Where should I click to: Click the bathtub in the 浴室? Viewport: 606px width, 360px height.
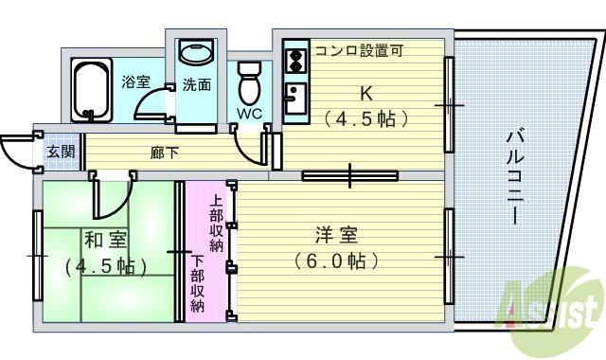pos(92,90)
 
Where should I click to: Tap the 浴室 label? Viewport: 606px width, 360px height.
pos(135,81)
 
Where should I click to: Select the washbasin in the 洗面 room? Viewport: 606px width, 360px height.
pos(196,53)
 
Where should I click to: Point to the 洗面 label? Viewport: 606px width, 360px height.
pos(197,84)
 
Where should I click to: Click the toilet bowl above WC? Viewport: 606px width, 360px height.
pos(249,83)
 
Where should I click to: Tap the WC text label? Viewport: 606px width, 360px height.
pos(249,114)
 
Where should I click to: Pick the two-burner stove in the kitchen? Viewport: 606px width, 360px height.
pos(295,61)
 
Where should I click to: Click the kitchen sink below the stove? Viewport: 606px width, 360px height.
pos(295,99)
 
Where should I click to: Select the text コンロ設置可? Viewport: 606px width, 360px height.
pos(360,50)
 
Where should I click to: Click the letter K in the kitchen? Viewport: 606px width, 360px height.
pos(366,93)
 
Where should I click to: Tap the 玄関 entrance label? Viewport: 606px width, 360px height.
pos(61,152)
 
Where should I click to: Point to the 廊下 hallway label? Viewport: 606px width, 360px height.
pos(164,153)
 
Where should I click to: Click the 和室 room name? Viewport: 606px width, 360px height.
pos(105,240)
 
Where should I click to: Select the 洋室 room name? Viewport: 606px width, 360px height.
pos(337,235)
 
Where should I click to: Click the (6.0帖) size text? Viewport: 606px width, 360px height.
pos(335,261)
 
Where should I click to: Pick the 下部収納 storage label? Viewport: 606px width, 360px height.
pos(198,283)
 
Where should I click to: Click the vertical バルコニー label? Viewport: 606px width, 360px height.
pos(514,178)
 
